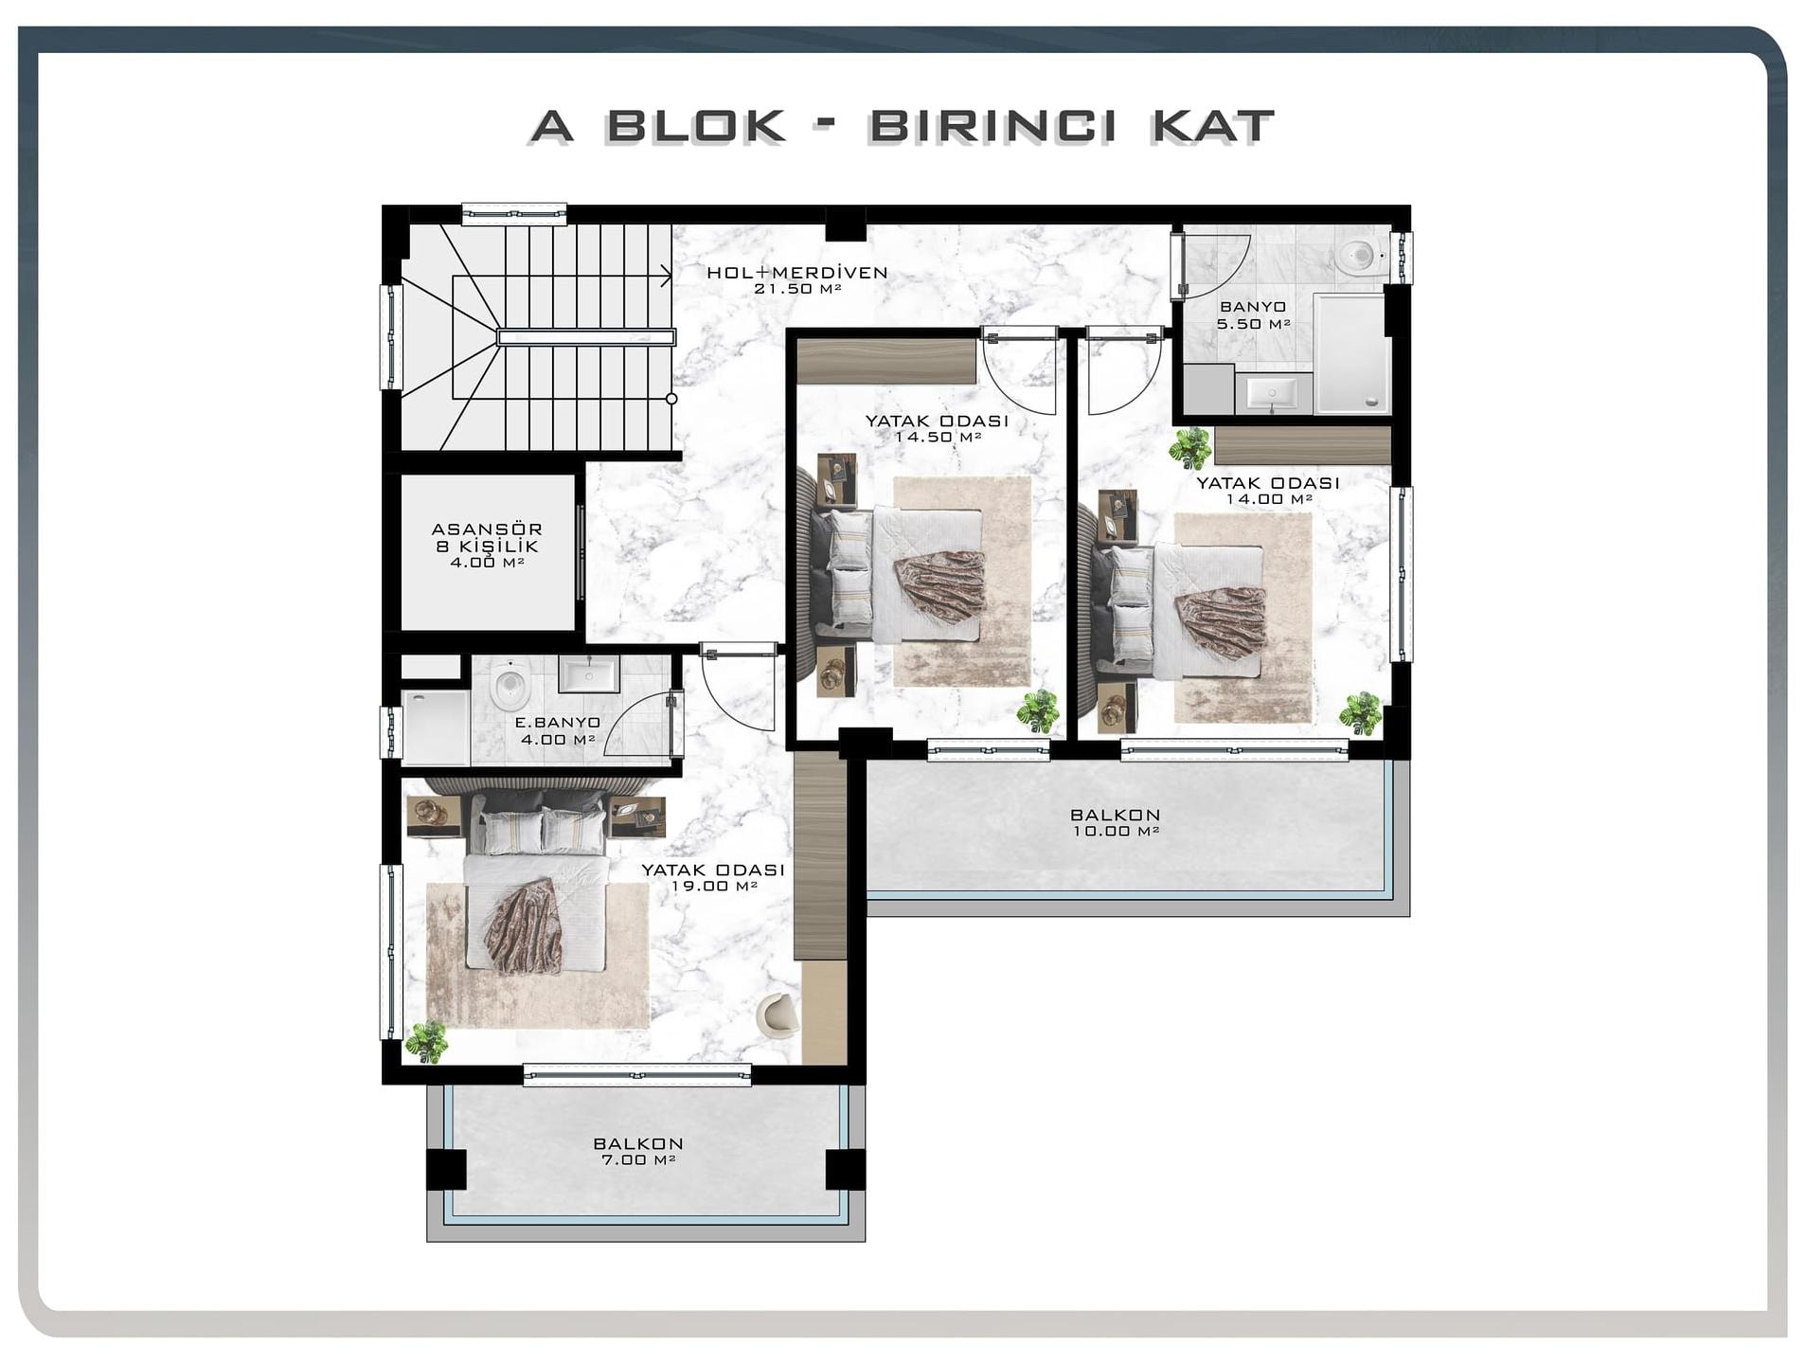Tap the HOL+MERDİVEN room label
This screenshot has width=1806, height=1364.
tap(796, 273)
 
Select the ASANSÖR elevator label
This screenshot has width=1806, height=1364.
tap(487, 529)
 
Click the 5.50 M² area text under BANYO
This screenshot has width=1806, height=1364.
tap(1253, 324)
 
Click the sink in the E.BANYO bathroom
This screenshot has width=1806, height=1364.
tap(589, 674)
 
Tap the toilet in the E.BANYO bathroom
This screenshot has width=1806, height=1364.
tap(510, 685)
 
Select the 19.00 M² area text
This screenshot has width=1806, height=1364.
tap(714, 887)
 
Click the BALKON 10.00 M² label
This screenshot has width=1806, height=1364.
tap(1116, 822)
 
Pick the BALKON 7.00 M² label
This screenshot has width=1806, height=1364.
tap(638, 1151)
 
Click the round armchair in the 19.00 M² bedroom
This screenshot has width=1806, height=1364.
tap(778, 1014)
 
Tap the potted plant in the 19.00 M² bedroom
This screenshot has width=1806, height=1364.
tap(426, 1042)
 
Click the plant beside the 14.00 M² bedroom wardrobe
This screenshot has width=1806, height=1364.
tap(1189, 448)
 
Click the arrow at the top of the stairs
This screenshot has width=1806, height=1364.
tap(666, 276)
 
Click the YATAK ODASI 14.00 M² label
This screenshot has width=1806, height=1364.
tap(1268, 491)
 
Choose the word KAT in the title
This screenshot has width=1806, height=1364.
tap(1212, 126)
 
